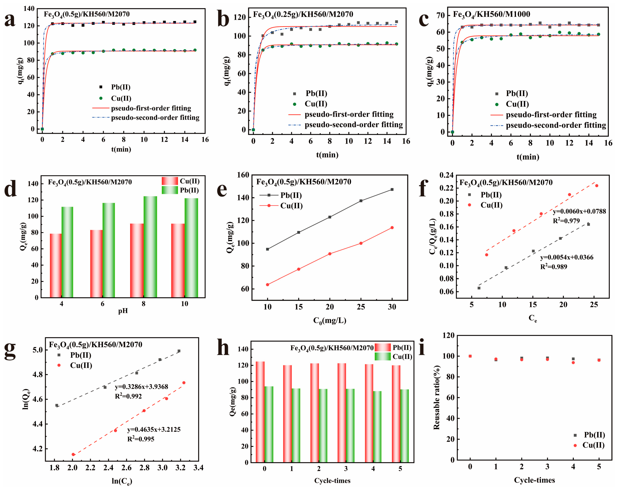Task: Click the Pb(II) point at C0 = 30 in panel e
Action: (x=392, y=189)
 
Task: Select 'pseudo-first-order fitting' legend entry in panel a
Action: (x=151, y=108)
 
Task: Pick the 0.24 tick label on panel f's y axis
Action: (x=446, y=175)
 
